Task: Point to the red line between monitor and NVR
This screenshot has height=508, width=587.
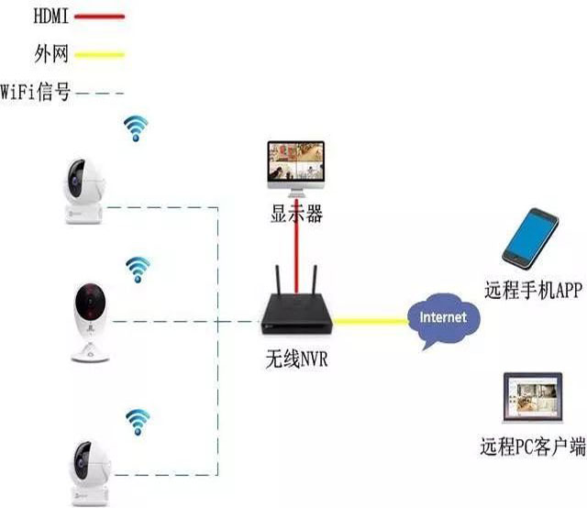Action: pyautogui.click(x=297, y=257)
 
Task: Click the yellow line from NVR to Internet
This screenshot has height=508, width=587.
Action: pyautogui.click(x=372, y=321)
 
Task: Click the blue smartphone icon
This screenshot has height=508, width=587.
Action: pyautogui.click(x=531, y=237)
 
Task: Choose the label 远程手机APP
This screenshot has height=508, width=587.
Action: pyautogui.click(x=534, y=292)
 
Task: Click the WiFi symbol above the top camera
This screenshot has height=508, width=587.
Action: pyautogui.click(x=136, y=129)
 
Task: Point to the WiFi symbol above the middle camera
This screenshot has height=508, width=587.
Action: pyautogui.click(x=138, y=268)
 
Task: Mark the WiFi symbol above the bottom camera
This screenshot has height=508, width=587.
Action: pyautogui.click(x=138, y=422)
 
